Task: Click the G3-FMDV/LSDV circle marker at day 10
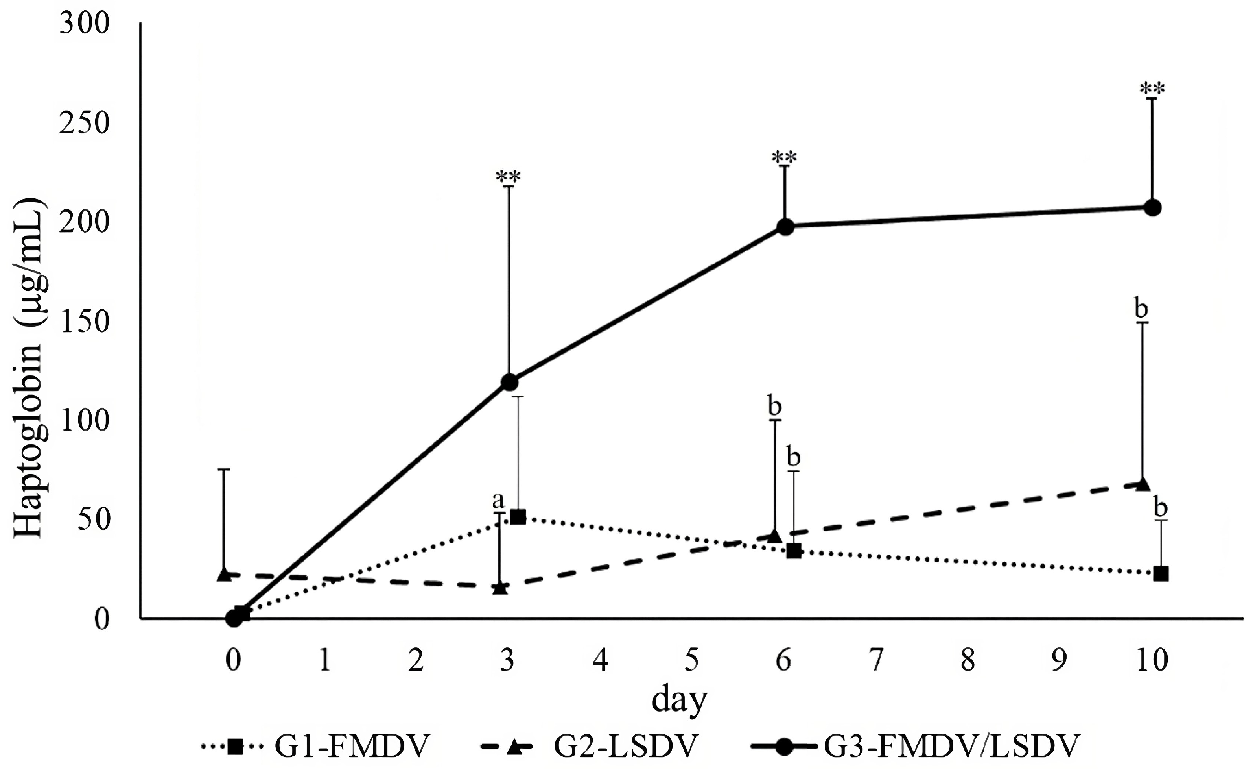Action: point(1152,207)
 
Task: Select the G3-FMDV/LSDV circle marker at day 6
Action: point(785,227)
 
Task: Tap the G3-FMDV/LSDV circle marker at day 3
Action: point(509,382)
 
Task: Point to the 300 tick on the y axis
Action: point(85,24)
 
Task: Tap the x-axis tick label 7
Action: point(875,661)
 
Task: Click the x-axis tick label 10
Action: point(1152,661)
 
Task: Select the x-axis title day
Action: point(680,701)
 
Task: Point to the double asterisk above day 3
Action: point(508,177)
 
